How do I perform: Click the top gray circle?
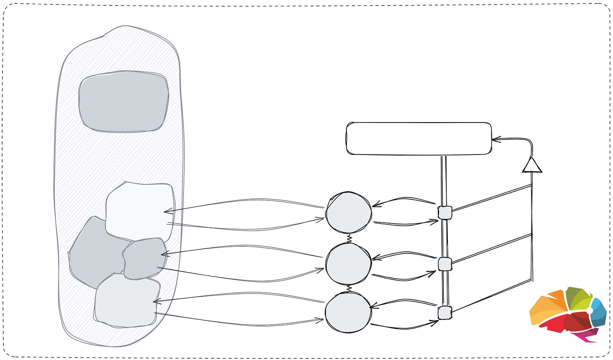349,213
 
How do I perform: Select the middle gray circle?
349,263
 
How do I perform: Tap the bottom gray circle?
349,313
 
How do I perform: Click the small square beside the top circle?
445,213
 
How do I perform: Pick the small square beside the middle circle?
445,264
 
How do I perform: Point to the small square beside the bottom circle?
445,313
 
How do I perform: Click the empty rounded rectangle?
418,139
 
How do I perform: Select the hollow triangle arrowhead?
532,165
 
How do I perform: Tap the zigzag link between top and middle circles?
349,238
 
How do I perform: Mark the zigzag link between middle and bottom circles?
349,288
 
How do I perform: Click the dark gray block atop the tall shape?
124,101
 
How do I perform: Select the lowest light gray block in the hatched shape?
126,301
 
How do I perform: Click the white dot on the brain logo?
589,310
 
